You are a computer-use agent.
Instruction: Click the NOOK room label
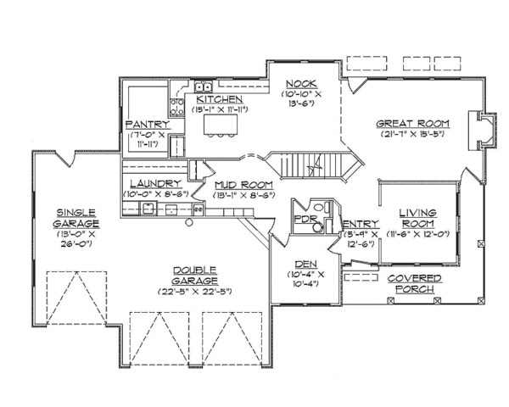(x=301, y=84)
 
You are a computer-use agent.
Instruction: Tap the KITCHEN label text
(x=220, y=99)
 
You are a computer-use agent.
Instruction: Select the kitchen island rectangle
(x=221, y=125)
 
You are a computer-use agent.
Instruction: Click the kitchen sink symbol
(x=204, y=86)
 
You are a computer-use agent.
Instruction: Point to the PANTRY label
(x=148, y=125)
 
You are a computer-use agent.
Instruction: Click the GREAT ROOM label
(x=412, y=124)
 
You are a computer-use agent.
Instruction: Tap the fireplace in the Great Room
(x=483, y=131)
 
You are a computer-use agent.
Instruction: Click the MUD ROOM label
(x=243, y=185)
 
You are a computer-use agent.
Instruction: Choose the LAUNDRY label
(x=155, y=184)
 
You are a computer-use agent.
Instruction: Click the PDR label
(x=305, y=219)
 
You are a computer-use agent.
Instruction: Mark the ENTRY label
(x=361, y=224)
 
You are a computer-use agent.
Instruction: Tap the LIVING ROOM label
(x=417, y=218)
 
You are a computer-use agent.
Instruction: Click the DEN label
(x=305, y=265)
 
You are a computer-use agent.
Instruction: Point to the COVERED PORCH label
(x=415, y=284)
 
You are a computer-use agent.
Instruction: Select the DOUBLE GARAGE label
(x=195, y=276)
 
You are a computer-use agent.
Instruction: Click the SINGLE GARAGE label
(x=76, y=218)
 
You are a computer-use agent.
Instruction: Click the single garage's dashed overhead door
(x=76, y=298)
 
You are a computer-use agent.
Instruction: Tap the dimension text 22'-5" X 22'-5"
(x=195, y=292)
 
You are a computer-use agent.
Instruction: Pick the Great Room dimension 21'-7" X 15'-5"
(x=412, y=134)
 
